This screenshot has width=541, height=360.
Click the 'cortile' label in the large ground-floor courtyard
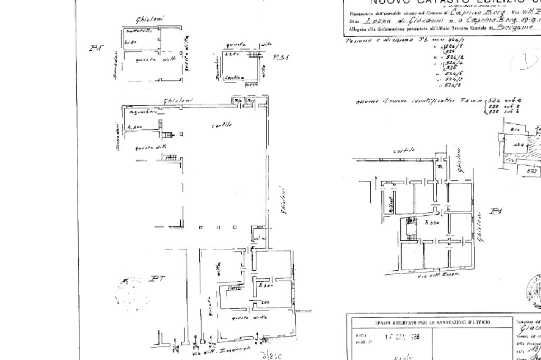222,125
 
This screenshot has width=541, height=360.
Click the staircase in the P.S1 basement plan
254,54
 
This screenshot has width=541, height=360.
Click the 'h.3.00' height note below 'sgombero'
134,127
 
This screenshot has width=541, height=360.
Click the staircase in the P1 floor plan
408,227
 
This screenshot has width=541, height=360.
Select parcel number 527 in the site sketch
533,170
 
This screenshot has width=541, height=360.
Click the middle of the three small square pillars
217,228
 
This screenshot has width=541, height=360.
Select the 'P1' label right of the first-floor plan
496,212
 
